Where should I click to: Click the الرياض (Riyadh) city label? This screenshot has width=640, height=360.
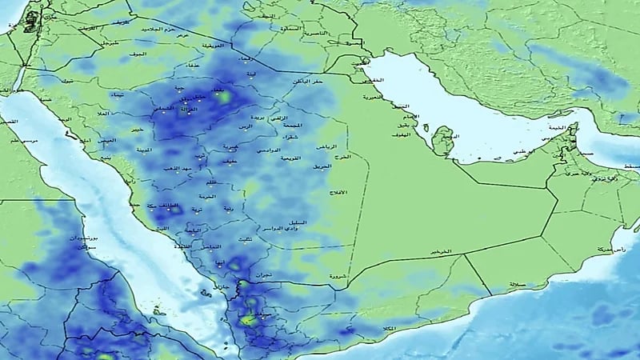point(325,147)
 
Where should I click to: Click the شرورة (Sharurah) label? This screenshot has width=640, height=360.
point(338,277)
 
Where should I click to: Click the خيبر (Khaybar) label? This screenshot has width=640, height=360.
point(137,128)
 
